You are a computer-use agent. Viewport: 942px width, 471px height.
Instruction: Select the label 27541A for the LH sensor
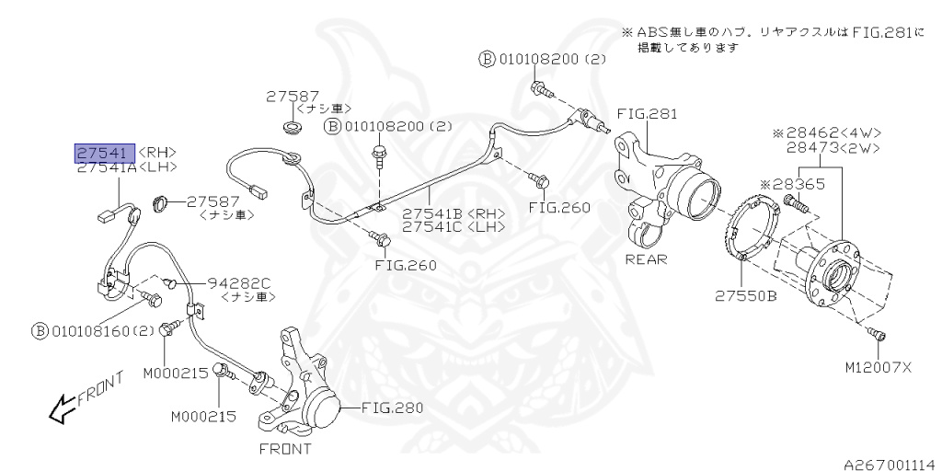click(107, 167)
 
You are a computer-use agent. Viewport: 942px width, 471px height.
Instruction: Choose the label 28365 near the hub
click(799, 184)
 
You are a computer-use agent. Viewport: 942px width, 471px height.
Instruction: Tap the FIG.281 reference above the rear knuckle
click(646, 115)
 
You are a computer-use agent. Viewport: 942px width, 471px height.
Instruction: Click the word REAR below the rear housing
click(646, 259)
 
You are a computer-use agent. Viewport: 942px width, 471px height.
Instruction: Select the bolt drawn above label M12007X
click(877, 336)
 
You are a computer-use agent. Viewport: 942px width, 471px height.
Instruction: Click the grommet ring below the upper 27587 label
click(293, 126)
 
